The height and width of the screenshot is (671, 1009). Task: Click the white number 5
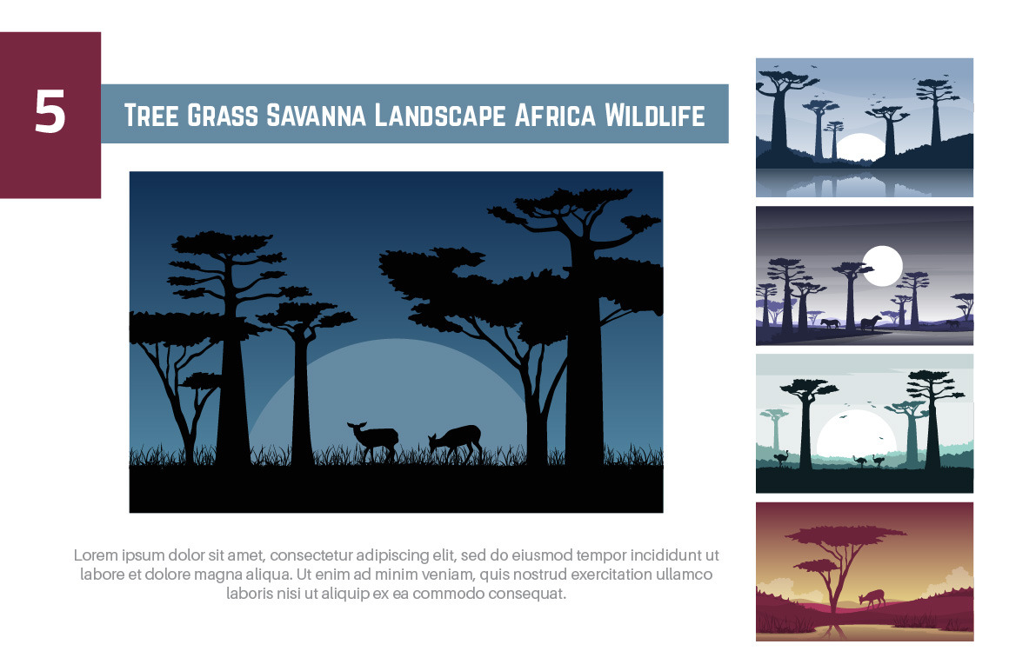pos(50,112)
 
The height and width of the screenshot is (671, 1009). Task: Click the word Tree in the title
pos(151,116)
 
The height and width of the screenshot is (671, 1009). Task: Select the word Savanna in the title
pos(316,116)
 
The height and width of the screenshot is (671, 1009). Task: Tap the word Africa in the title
pos(555,116)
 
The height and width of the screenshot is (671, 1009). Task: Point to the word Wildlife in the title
pos(654,116)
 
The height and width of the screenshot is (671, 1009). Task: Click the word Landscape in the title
pos(439,116)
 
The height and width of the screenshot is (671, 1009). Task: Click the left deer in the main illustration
pos(374,441)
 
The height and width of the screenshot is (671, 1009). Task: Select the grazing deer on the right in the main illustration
pos(457,442)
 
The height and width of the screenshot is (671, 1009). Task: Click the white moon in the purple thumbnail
pos(882,265)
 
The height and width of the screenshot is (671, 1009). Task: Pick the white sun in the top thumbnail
pos(859,148)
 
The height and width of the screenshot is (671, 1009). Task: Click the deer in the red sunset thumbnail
pos(872,598)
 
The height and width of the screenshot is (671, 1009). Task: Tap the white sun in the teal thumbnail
pos(857,434)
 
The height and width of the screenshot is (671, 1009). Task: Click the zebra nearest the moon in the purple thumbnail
pos(871,322)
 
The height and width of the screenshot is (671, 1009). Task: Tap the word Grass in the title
pos(222,116)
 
